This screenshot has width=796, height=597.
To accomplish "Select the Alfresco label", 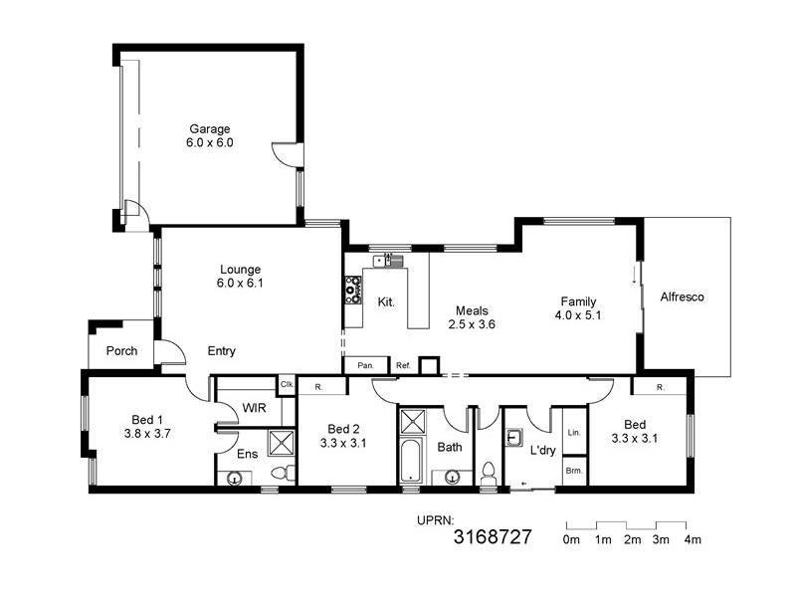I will point(682,297).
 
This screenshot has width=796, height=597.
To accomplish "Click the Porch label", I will point(120,351).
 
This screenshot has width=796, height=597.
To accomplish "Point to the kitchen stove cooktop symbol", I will point(352,289).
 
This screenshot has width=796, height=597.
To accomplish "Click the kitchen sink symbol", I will point(386,262).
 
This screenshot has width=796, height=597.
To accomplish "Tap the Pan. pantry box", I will point(365,365).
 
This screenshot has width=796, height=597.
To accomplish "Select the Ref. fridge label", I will point(403,365).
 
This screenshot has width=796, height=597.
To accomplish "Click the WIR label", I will point(254,408).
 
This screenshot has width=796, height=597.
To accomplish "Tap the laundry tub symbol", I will point(514,437).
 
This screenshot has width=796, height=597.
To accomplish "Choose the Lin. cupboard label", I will point(574,434).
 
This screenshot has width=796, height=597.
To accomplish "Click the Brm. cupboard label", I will point(574,470).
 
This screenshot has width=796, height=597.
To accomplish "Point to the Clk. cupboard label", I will point(287,384).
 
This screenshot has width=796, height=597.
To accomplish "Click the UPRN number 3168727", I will point(493,537).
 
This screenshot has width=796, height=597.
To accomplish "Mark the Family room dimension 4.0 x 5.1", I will point(578,315).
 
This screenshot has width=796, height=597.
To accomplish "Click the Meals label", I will point(472,309).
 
